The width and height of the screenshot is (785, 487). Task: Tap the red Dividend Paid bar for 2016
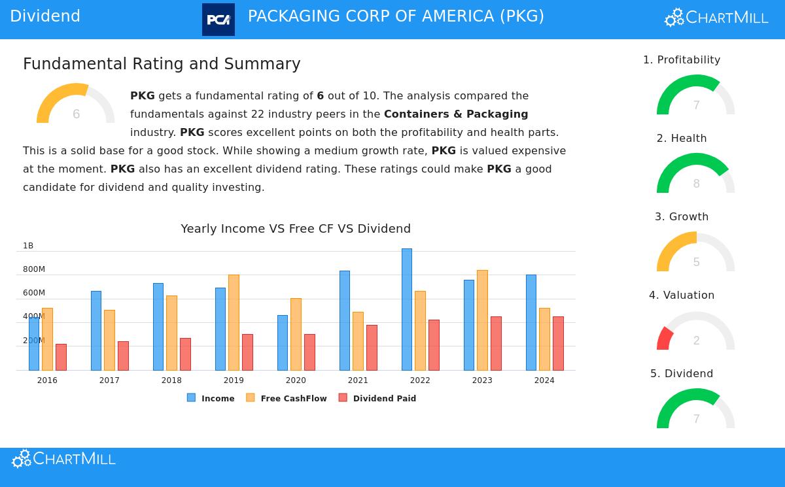pyautogui.click(x=61, y=357)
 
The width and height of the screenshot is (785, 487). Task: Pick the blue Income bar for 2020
pyautogui.click(x=283, y=343)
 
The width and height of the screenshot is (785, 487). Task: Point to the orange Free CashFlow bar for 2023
pyautogui.click(x=482, y=320)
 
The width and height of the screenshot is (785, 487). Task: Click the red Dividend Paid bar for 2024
pyautogui.click(x=558, y=343)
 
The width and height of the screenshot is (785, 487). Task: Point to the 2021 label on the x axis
pyautogui.click(x=358, y=380)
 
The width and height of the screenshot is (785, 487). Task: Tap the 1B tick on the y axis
pyautogui.click(x=28, y=246)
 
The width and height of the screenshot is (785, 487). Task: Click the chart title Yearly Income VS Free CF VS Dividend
pyautogui.click(x=296, y=229)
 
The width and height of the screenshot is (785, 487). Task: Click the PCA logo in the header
pyautogui.click(x=218, y=20)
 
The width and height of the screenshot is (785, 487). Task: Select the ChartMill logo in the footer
pyautogui.click(x=64, y=460)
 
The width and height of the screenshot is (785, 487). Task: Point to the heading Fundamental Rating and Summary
pyautogui.click(x=162, y=64)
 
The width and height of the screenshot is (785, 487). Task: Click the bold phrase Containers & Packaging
pyautogui.click(x=456, y=114)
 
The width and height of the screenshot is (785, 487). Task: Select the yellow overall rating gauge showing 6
pyautogui.click(x=76, y=105)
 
